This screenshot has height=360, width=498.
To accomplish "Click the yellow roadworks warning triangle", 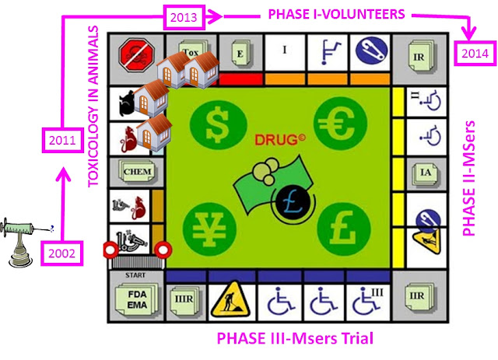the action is point(231,299).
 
